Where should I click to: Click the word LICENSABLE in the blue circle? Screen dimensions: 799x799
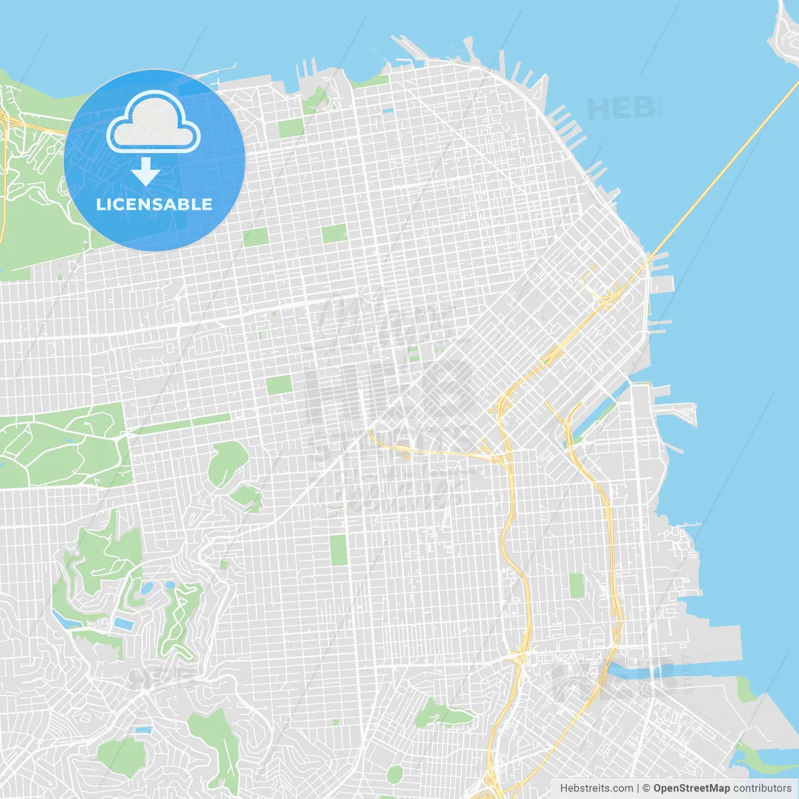[154, 204]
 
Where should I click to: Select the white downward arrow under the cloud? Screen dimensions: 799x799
[145, 172]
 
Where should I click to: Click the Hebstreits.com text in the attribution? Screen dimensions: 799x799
[597, 788]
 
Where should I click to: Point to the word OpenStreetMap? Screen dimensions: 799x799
[691, 788]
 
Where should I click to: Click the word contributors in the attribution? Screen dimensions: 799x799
[762, 788]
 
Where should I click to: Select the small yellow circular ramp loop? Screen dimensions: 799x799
[406, 455]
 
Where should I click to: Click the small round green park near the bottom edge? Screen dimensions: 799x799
[395, 775]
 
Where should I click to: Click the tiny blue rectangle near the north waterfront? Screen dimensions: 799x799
[388, 111]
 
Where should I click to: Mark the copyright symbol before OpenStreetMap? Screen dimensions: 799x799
[646, 788]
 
